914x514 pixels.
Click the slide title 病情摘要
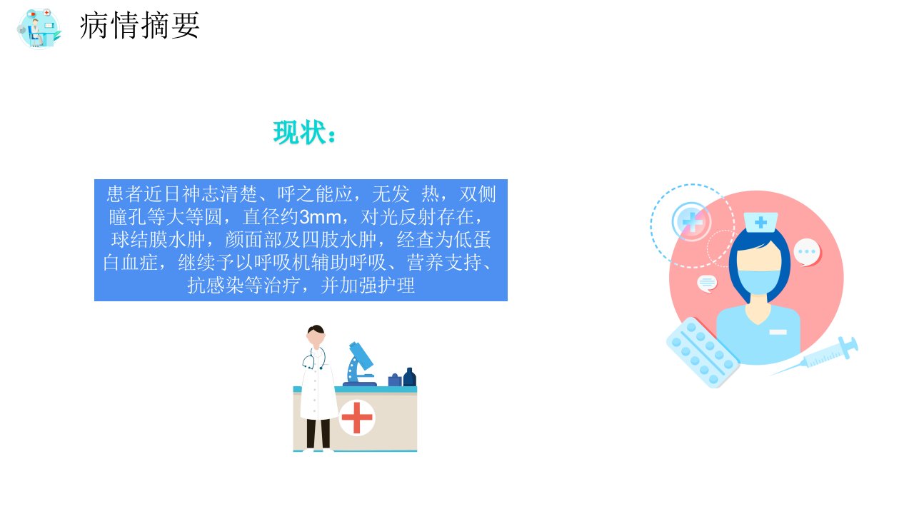(139, 26)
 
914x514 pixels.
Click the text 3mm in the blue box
(320, 216)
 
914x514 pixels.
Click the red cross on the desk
(356, 418)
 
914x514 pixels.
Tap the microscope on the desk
(360, 364)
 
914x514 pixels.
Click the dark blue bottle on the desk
(409, 377)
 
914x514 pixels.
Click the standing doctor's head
(316, 336)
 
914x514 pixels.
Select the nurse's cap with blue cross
(760, 222)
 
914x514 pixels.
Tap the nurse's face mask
(758, 281)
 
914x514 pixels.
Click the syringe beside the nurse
(814, 356)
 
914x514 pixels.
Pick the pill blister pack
(703, 353)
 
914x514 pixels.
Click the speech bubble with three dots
(807, 252)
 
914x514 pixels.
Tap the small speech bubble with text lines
(707, 283)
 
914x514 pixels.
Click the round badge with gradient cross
(691, 222)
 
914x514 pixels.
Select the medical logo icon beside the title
(39, 29)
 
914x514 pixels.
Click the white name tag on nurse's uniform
(778, 332)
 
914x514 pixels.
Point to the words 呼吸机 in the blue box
(282, 262)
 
